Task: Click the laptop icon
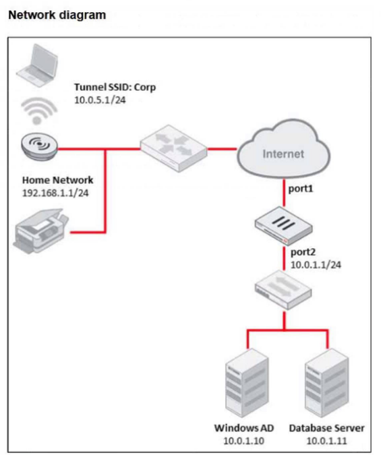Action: tap(37, 65)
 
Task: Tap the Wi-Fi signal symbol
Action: tap(39, 111)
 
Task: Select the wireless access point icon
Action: tap(39, 146)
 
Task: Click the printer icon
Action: tap(41, 231)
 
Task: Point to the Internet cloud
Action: tap(283, 149)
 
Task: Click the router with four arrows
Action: tap(174, 148)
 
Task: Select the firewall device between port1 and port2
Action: tap(283, 225)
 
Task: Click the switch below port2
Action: tap(283, 290)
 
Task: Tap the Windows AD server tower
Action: tap(247, 384)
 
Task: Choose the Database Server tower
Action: tap(326, 384)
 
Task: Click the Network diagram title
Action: tap(57, 15)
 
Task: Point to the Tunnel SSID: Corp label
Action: tap(115, 87)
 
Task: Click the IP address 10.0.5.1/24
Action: tap(100, 100)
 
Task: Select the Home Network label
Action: tap(58, 180)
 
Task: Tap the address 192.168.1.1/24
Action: tap(55, 193)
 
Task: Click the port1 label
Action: tap(301, 189)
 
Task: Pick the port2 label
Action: tap(303, 252)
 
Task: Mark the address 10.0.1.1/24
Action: tap(316, 265)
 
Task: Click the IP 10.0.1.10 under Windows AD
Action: tap(243, 441)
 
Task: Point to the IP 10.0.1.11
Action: tap(326, 441)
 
